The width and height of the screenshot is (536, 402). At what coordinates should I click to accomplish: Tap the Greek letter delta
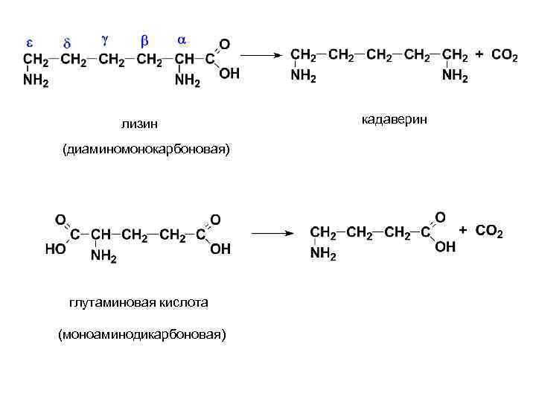66,42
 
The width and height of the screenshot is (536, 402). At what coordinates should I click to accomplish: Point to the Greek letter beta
145,39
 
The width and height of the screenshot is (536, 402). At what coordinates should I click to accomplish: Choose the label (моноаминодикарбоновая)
141,334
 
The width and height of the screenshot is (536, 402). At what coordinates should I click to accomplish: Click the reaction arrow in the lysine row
264,55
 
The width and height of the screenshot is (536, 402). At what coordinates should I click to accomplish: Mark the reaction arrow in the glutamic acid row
273,233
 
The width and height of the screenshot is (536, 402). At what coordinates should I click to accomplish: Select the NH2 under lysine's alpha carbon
187,81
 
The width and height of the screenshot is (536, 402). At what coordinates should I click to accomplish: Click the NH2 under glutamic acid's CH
104,256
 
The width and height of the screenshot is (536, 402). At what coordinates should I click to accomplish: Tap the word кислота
184,302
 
